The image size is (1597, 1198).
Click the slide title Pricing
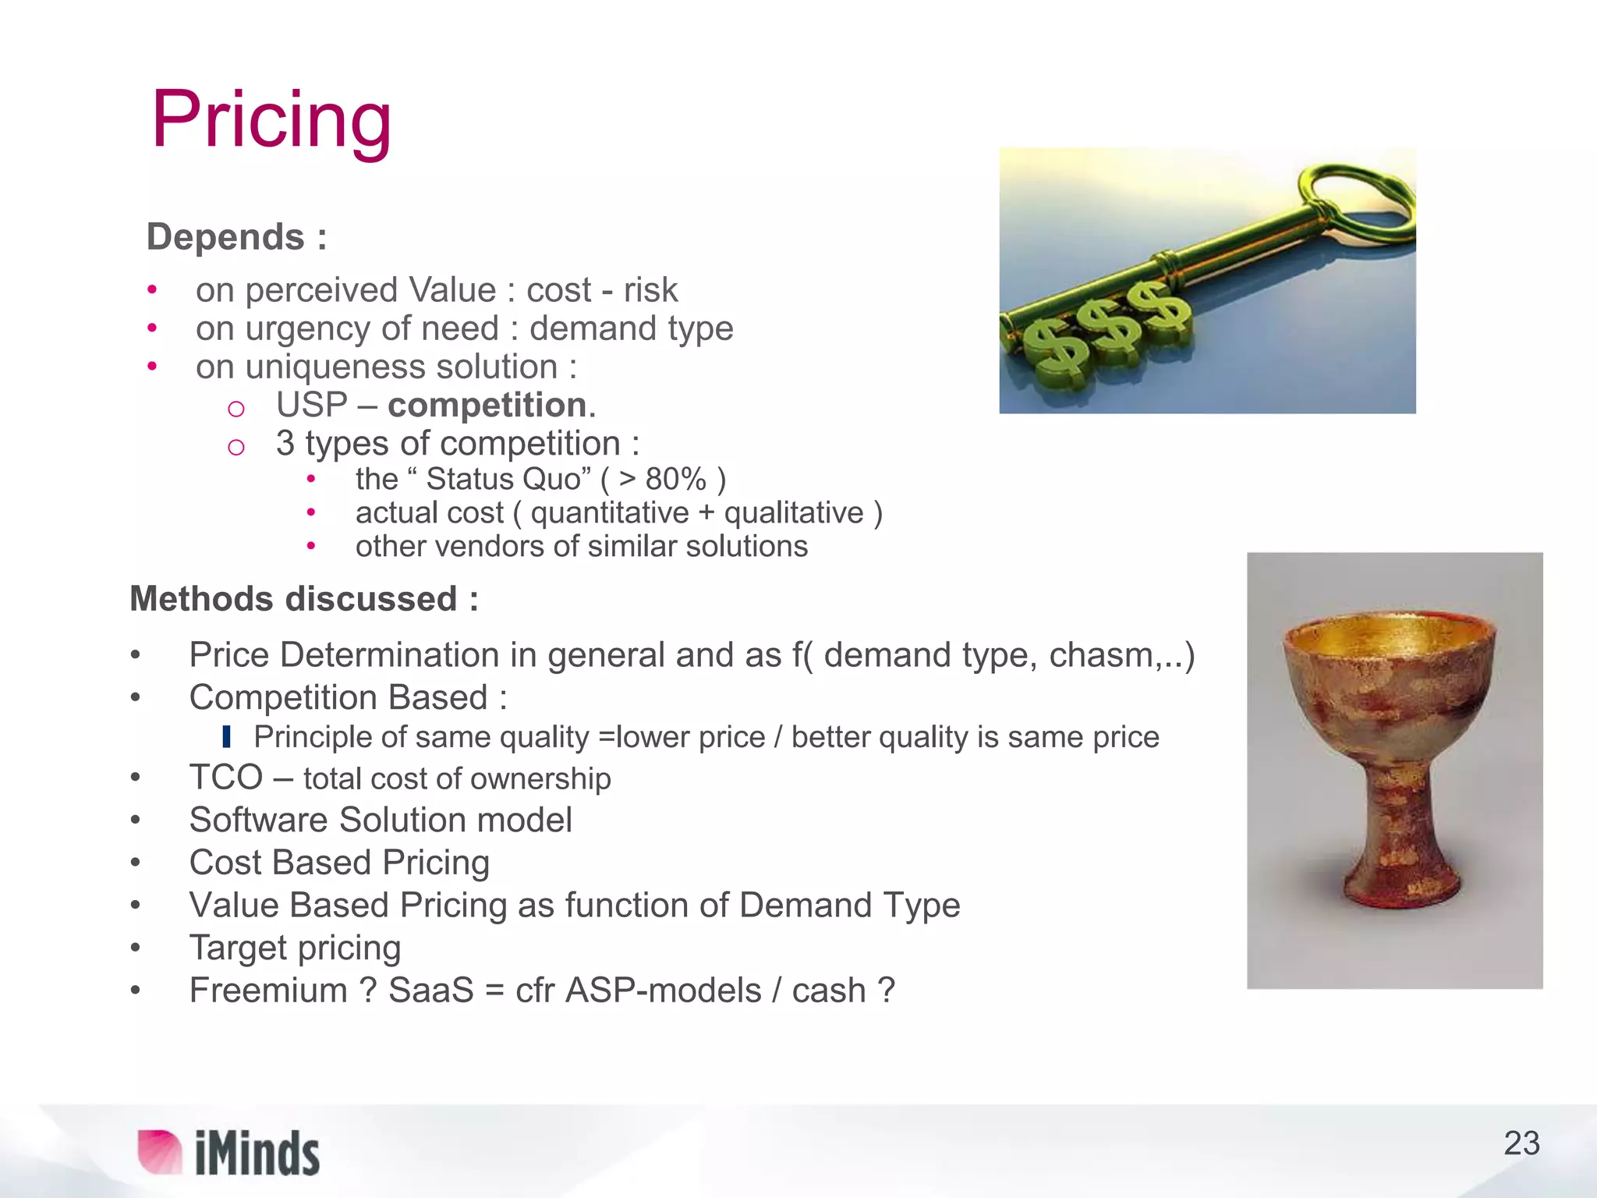[x=271, y=120]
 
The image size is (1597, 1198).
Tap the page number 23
[x=1521, y=1143]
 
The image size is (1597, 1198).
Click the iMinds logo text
[x=257, y=1154]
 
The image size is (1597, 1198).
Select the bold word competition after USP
[x=487, y=406]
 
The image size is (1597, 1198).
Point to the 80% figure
[x=675, y=479]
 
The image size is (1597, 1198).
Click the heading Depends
[x=226, y=237]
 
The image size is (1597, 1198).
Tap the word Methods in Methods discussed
[x=203, y=599]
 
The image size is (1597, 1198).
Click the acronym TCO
[x=226, y=778]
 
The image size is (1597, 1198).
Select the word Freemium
[x=268, y=991]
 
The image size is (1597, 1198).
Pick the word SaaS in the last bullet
[x=430, y=991]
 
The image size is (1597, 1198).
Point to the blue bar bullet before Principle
[x=226, y=736]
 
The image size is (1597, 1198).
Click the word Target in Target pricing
[x=239, y=948]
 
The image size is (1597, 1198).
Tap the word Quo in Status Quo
[x=557, y=479]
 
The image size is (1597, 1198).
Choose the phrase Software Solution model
[x=381, y=821]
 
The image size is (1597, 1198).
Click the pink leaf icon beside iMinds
[x=159, y=1151]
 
